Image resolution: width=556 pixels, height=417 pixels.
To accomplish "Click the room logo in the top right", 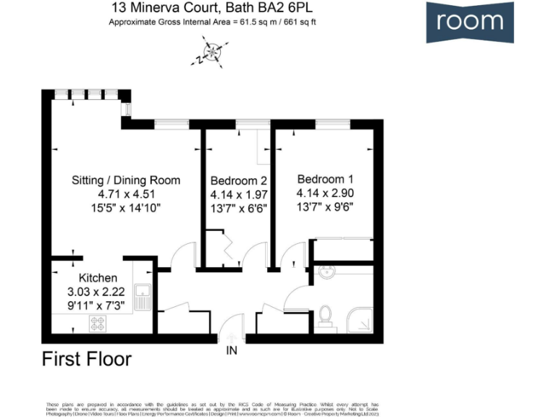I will coord(470,22).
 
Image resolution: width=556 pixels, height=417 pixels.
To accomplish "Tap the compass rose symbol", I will coord(213,54).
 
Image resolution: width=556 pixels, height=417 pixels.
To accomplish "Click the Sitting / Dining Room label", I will coord(126,180).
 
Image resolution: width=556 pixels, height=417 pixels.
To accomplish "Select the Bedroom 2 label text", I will coord(239,180).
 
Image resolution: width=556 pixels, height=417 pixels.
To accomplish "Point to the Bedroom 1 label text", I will coord(325,179).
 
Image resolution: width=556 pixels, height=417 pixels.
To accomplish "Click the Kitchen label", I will coord(98,278).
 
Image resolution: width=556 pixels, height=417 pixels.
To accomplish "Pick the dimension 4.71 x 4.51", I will coord(127,194).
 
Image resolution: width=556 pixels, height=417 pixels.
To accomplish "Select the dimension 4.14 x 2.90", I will coord(325,193).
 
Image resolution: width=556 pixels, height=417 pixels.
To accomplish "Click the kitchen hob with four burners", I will coord(97,324).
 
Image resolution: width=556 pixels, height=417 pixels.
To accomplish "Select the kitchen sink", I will coord(144,298).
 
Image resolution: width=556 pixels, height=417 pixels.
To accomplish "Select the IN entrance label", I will coord(231,351).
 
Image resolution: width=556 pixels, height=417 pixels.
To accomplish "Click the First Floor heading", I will coord(87,359).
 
